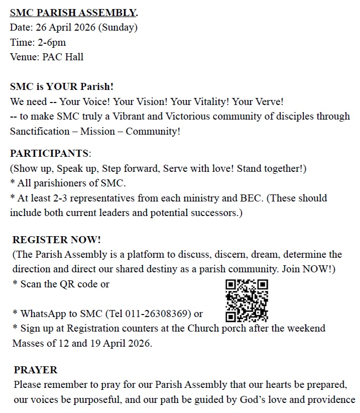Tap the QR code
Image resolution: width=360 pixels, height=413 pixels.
[x=247, y=300]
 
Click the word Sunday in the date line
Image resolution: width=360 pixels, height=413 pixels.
[x=117, y=28]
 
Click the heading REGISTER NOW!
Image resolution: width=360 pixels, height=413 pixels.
[x=57, y=240]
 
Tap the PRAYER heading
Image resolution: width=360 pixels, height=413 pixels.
[x=36, y=370]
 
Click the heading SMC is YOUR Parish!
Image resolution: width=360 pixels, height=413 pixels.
[x=62, y=86]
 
